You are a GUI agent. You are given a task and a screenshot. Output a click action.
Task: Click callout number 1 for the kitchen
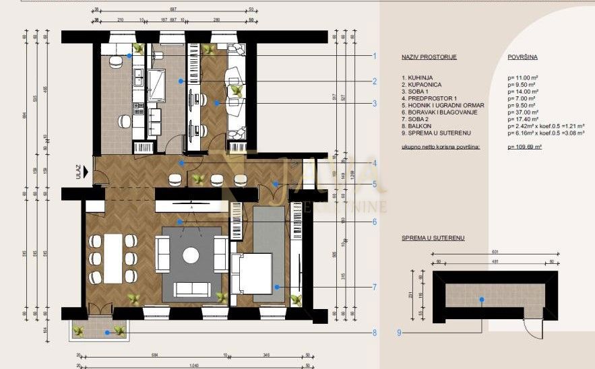pyautogui.click(x=374, y=56)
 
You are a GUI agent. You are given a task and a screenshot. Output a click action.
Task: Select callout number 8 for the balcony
pyautogui.click(x=374, y=332)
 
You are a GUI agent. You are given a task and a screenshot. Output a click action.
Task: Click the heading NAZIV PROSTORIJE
pyautogui.click(x=429, y=57)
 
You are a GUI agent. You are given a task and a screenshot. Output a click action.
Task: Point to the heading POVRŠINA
pyautogui.click(x=522, y=57)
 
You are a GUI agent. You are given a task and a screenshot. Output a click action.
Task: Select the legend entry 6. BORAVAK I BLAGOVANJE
pyautogui.click(x=435, y=112)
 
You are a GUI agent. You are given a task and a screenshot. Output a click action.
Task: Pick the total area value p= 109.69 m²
pyautogui.click(x=525, y=146)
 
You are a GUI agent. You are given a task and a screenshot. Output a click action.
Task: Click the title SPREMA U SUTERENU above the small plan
pyautogui.click(x=433, y=238)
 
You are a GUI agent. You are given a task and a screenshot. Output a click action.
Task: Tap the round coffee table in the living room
pyautogui.click(x=191, y=255)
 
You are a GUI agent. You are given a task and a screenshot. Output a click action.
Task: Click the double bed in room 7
pyautogui.click(x=251, y=273)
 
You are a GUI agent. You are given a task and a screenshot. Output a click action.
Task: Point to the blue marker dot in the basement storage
pyautogui.click(x=481, y=300)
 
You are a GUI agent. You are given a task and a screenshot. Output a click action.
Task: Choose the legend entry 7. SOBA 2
pyautogui.click(x=416, y=119)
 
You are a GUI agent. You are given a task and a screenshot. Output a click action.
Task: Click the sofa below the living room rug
pyautogui.click(x=191, y=289)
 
